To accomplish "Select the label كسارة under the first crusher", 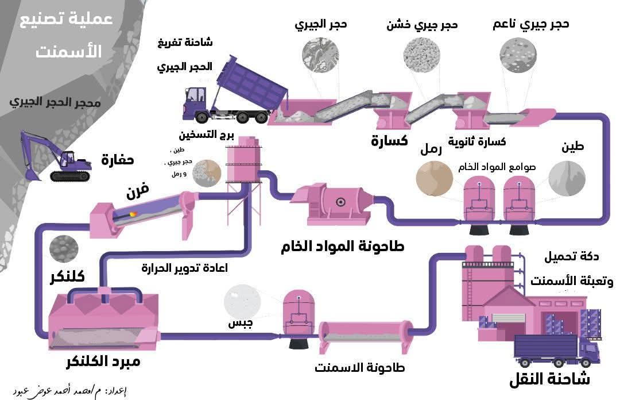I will coord(389,140).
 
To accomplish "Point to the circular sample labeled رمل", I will coord(434,179).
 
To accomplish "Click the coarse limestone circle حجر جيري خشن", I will coord(422,56).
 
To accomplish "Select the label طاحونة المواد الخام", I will coord(343,247).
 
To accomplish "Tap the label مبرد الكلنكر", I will coord(103,362).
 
